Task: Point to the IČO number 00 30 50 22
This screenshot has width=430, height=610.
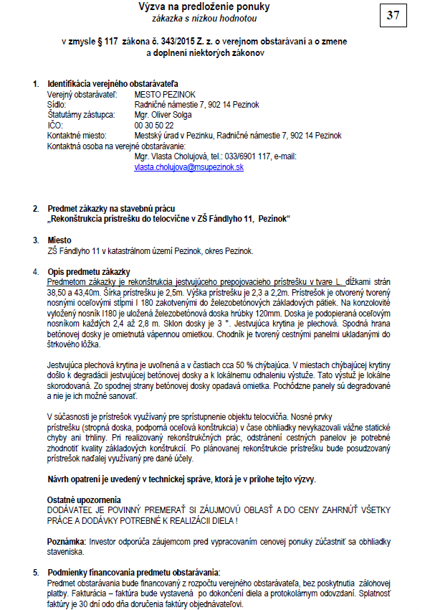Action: coord(153,125)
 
